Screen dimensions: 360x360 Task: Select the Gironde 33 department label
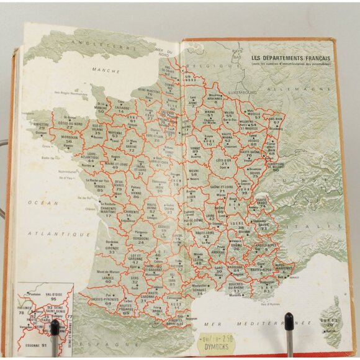[x=112, y=250]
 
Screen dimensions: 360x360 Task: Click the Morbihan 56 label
[x=69, y=140]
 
